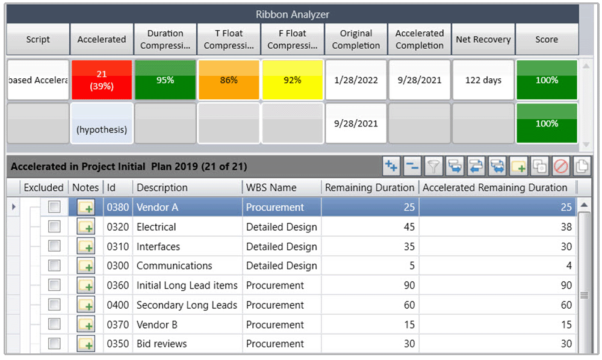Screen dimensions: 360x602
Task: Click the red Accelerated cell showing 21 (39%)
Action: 101,79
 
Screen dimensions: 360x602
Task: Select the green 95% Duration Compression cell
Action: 165,79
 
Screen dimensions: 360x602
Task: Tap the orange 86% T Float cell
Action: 229,79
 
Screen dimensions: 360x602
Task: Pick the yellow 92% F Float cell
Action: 293,79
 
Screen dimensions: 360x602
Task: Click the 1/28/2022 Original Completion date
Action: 356,80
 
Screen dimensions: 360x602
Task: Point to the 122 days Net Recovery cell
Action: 483,80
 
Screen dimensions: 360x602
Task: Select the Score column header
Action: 547,40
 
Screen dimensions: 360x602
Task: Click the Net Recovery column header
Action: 483,40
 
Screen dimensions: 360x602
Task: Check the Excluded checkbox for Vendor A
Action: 55,207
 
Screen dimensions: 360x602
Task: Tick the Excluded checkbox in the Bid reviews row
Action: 55,344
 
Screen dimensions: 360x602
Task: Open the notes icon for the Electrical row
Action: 86,228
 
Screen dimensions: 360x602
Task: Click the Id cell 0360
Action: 118,285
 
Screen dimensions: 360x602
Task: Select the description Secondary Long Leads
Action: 187,305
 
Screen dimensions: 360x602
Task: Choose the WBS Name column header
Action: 272,188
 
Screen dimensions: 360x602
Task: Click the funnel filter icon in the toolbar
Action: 433,166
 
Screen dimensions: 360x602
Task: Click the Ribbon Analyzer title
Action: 292,14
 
